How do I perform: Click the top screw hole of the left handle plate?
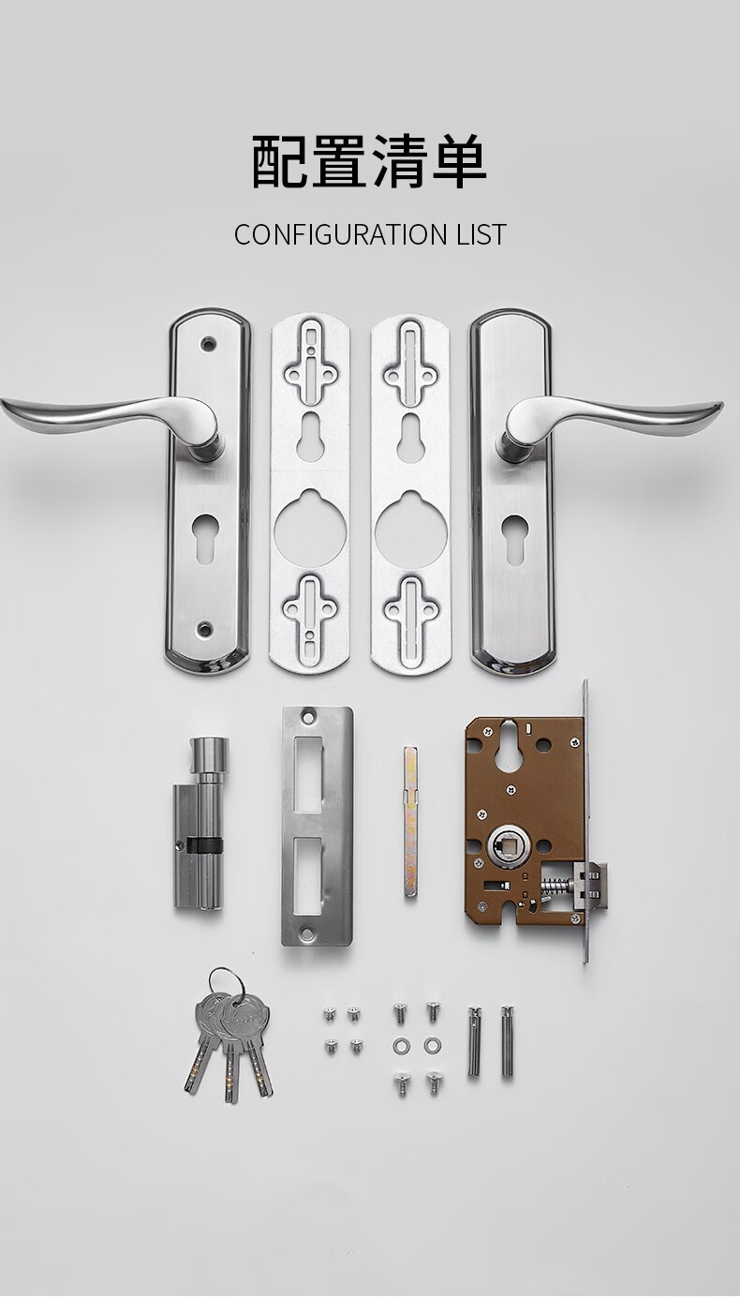coord(207,344)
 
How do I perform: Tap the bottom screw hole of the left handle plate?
coord(204,628)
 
